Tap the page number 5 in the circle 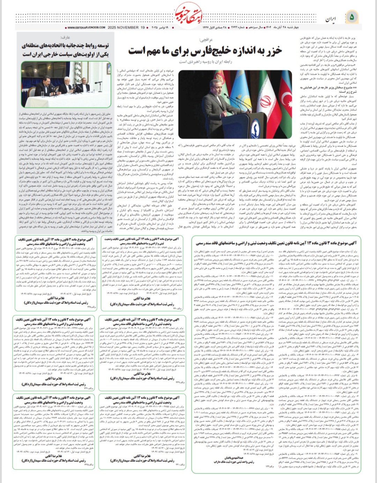pyautogui.click(x=352, y=16)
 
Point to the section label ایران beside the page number pyautogui.click(x=331, y=18)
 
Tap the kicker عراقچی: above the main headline pyautogui.click(x=206, y=40)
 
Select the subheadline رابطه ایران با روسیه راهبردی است pyautogui.click(x=206, y=62)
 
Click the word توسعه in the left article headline pyautogui.click(x=102, y=46)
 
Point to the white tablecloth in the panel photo pyautogui.click(x=70, y=101)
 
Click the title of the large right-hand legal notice pyautogui.click(x=276, y=243)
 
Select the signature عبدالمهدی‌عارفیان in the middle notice pyautogui.click(x=230, y=458)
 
